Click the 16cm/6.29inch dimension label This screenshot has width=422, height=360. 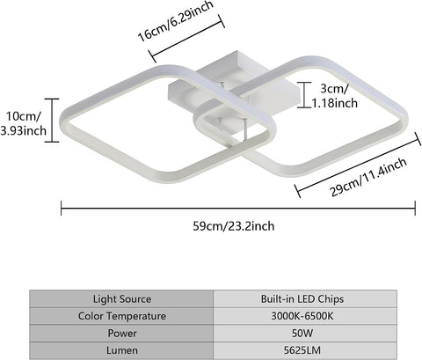(x=175, y=21)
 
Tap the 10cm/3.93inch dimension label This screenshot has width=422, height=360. (x=24, y=123)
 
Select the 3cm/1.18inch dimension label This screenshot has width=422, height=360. (x=334, y=96)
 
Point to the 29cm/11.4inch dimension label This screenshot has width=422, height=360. (x=368, y=177)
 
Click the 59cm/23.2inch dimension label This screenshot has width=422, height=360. (x=234, y=226)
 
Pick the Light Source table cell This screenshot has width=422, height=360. (x=121, y=299)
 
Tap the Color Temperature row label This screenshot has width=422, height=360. (x=121, y=316)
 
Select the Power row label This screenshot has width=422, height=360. (x=121, y=333)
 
